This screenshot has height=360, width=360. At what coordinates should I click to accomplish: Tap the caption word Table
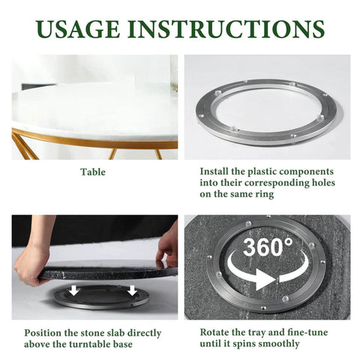93,172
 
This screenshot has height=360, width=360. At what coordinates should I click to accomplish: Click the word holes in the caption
320,182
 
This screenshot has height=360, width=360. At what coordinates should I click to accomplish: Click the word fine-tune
305,332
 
